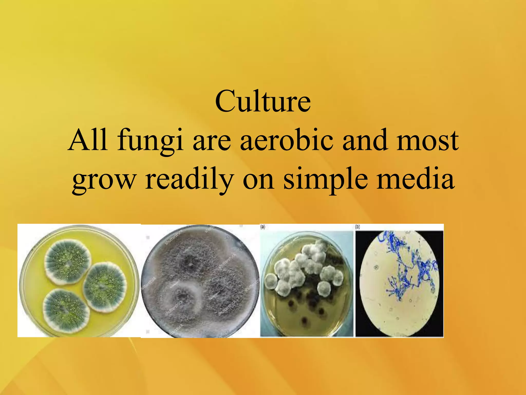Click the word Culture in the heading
263,102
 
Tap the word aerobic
287,140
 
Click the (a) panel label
263,227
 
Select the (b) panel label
358,227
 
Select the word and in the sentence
365,140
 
